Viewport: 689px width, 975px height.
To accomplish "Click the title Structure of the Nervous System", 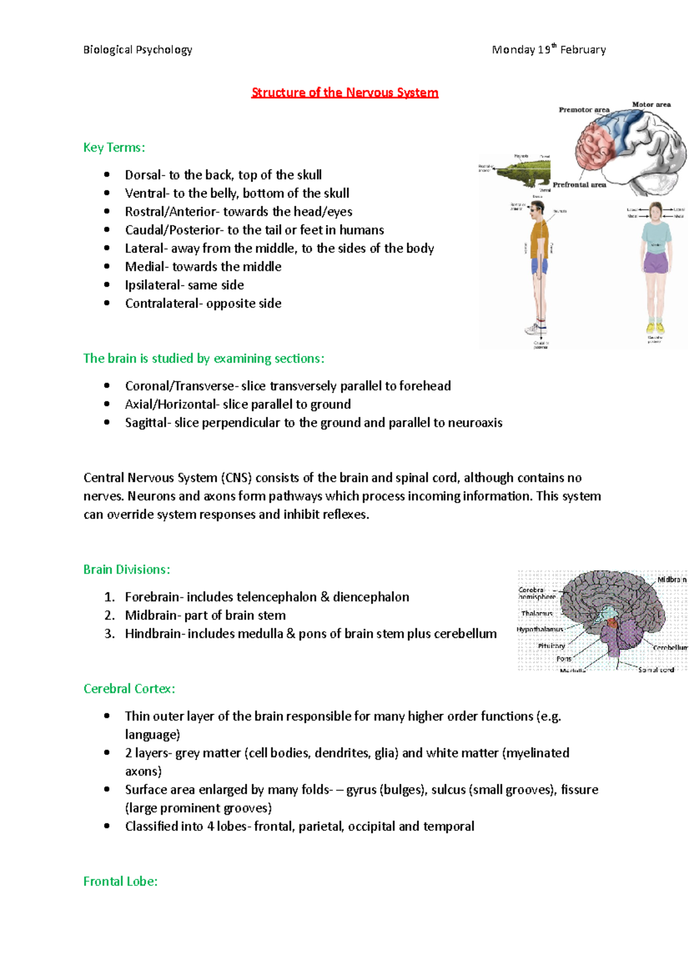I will (x=344, y=92).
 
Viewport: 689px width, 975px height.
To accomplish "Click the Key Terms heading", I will (x=114, y=148).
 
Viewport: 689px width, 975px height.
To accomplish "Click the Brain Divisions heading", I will (x=126, y=570).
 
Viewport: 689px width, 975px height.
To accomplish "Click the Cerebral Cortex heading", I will (x=129, y=688).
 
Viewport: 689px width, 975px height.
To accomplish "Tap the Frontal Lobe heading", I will (x=120, y=881).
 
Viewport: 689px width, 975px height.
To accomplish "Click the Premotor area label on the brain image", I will (x=584, y=110).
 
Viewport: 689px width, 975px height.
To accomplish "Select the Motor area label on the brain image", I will (x=651, y=105).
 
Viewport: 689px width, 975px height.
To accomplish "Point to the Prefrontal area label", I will (x=579, y=185).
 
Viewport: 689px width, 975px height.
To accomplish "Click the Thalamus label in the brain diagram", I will (x=537, y=614).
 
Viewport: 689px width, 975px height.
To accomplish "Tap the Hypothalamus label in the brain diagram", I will (x=540, y=629).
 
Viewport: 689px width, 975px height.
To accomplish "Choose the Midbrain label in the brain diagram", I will (x=671, y=580).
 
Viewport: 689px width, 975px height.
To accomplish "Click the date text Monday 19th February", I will (x=548, y=50).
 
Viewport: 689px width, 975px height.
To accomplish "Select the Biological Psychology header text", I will (x=138, y=50).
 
